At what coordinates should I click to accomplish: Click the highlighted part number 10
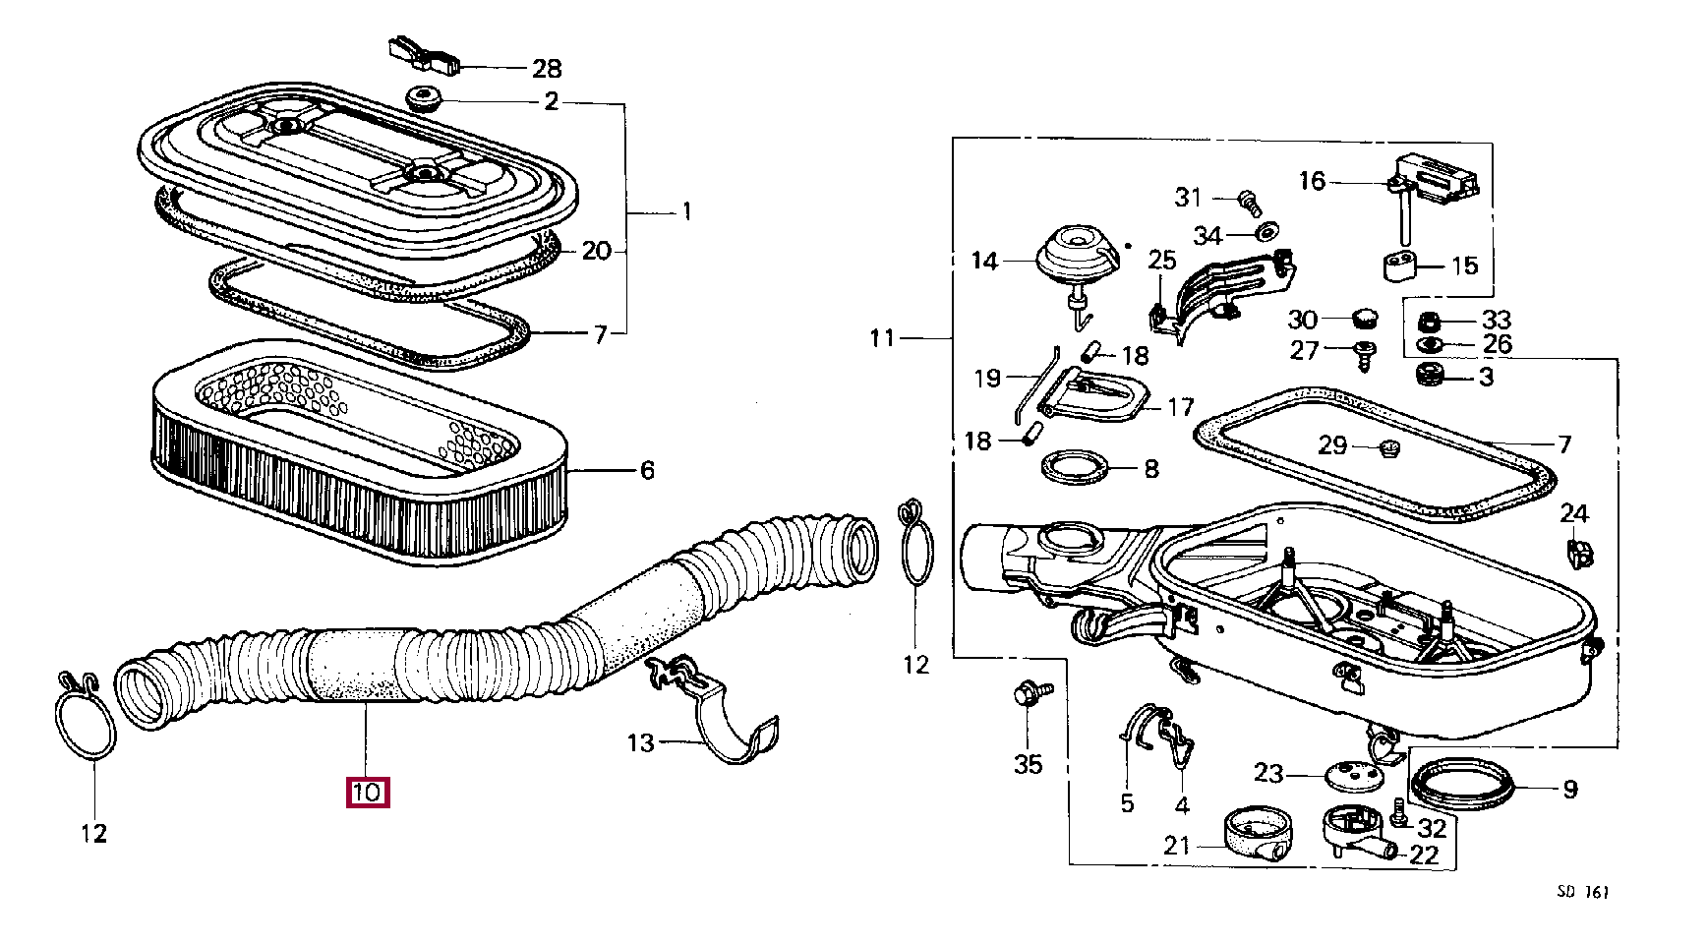point(368,792)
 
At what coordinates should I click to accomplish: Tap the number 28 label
point(547,69)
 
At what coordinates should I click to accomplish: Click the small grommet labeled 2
point(424,99)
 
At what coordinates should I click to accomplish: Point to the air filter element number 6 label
point(647,471)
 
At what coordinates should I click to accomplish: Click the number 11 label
point(882,338)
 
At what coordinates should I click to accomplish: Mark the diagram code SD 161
point(1583,892)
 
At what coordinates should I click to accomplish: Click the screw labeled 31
point(1250,201)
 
